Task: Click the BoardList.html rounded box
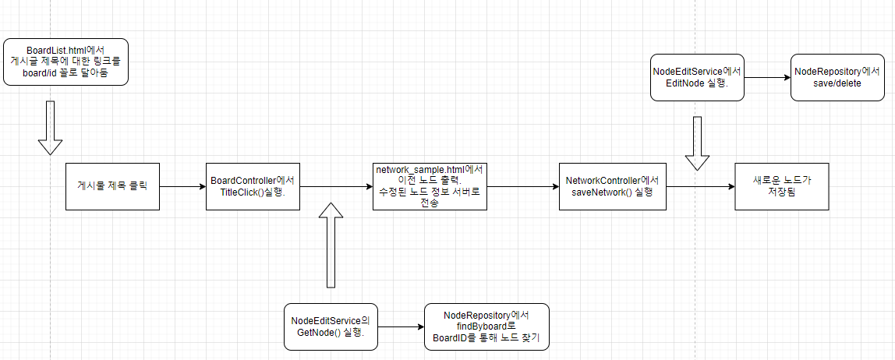coord(65,61)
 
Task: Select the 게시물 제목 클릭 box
coord(112,186)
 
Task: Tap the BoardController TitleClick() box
coord(253,186)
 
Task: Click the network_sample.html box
coord(429,186)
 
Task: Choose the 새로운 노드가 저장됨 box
coord(782,186)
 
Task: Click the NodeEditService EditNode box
coord(697,77)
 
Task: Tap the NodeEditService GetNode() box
coord(331,326)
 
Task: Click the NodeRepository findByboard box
coord(486,326)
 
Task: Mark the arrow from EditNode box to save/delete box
coord(767,78)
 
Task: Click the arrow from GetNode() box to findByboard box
coord(401,327)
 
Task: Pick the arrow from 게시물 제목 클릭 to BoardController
coord(182,187)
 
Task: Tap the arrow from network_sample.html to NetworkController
coord(523,187)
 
